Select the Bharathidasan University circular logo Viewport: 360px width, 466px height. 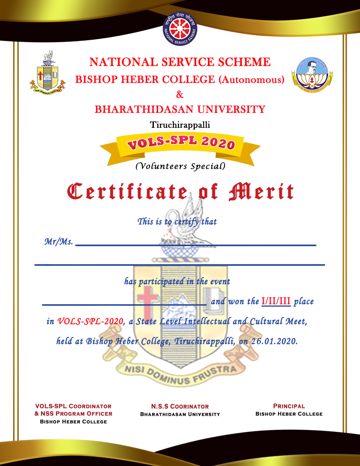(x=312, y=74)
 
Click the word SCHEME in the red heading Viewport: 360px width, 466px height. (x=244, y=62)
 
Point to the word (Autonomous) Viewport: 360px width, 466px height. (x=251, y=80)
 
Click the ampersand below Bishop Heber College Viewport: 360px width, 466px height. (x=180, y=95)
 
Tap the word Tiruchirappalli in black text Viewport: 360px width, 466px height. (x=180, y=125)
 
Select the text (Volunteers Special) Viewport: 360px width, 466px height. (x=180, y=166)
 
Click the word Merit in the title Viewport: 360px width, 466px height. (x=261, y=192)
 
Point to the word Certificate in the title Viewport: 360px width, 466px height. (x=127, y=192)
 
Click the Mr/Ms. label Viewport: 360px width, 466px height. (x=59, y=241)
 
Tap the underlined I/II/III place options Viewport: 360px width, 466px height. (x=276, y=301)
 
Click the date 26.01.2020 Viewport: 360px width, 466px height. (x=274, y=341)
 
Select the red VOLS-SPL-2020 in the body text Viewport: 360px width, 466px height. (x=90, y=321)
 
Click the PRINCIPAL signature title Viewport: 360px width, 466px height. (x=289, y=406)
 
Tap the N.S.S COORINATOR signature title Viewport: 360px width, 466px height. (x=180, y=407)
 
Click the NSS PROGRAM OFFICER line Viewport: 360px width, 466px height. (x=73, y=414)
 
